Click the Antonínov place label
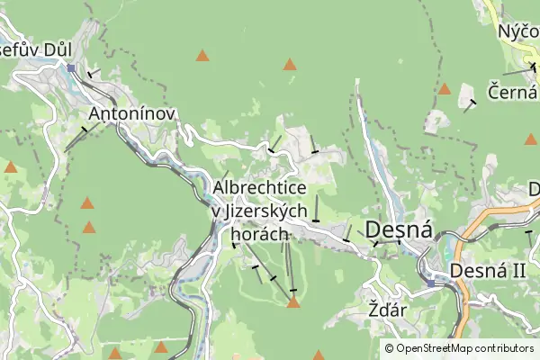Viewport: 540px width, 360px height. (130, 114)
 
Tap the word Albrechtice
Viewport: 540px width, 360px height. (260, 187)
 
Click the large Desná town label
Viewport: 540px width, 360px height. (397, 228)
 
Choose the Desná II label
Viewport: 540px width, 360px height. (487, 270)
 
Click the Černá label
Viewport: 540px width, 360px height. (513, 92)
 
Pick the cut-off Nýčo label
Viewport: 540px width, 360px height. (518, 32)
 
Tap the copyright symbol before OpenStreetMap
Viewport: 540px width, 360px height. (390, 347)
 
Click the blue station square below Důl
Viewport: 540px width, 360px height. (70, 67)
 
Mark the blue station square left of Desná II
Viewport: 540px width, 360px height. (431, 283)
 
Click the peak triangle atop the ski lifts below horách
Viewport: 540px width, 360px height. (292, 302)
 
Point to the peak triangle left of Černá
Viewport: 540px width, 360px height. (444, 89)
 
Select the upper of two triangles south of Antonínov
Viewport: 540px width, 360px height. (87, 203)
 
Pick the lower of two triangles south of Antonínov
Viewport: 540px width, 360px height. (89, 228)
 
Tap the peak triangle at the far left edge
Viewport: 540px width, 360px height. (11, 166)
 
